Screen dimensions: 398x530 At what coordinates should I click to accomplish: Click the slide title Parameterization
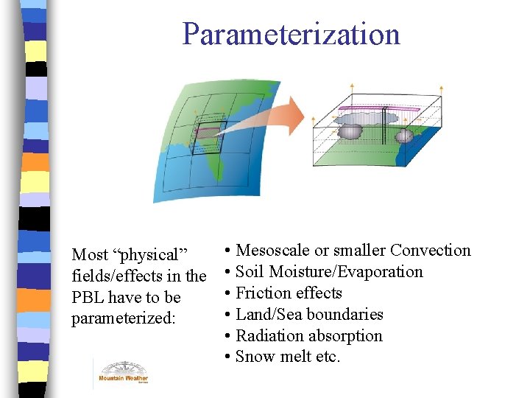click(x=291, y=34)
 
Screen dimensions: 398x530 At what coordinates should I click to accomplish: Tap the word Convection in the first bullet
click(x=430, y=251)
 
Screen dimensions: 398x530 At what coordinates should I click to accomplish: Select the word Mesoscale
click(x=274, y=251)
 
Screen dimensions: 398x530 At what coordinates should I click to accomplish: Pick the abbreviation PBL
click(x=88, y=298)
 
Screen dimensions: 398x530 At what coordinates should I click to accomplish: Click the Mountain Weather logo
click(x=123, y=372)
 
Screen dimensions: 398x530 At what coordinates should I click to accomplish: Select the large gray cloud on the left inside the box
click(x=350, y=131)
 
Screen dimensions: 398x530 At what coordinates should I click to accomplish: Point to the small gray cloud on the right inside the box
click(x=403, y=136)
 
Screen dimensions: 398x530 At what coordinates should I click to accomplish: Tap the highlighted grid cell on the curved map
click(x=208, y=132)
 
